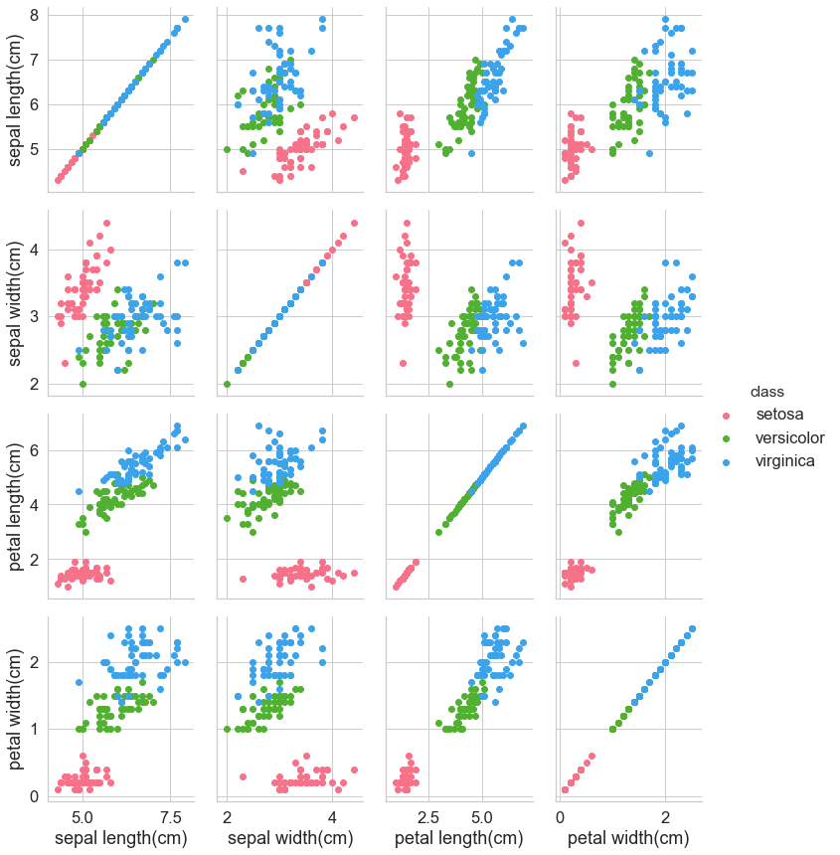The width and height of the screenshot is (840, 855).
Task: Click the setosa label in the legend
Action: [x=779, y=414]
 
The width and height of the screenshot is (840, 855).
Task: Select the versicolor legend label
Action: [x=789, y=437]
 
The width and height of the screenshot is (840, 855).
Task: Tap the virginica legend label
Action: [x=785, y=461]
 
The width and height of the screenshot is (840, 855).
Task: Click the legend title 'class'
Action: [x=767, y=391]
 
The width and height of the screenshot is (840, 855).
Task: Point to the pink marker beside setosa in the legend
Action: [x=727, y=415]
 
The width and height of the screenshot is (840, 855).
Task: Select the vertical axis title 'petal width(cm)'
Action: [x=18, y=707]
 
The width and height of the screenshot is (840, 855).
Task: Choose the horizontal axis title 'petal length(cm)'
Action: [x=459, y=840]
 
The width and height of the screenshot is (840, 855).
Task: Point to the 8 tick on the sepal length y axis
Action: [x=34, y=15]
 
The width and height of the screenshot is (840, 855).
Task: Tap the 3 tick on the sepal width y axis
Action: [x=34, y=316]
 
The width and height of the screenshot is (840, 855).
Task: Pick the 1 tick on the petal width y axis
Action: [x=34, y=729]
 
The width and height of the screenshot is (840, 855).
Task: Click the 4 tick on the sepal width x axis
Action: [x=332, y=817]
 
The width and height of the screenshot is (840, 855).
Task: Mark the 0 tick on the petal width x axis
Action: [x=560, y=817]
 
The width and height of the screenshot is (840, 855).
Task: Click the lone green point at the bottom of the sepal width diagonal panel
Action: [x=227, y=384]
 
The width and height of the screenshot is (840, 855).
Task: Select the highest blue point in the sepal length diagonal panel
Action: [x=186, y=19]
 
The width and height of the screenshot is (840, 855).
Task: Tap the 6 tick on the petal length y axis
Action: [x=34, y=449]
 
